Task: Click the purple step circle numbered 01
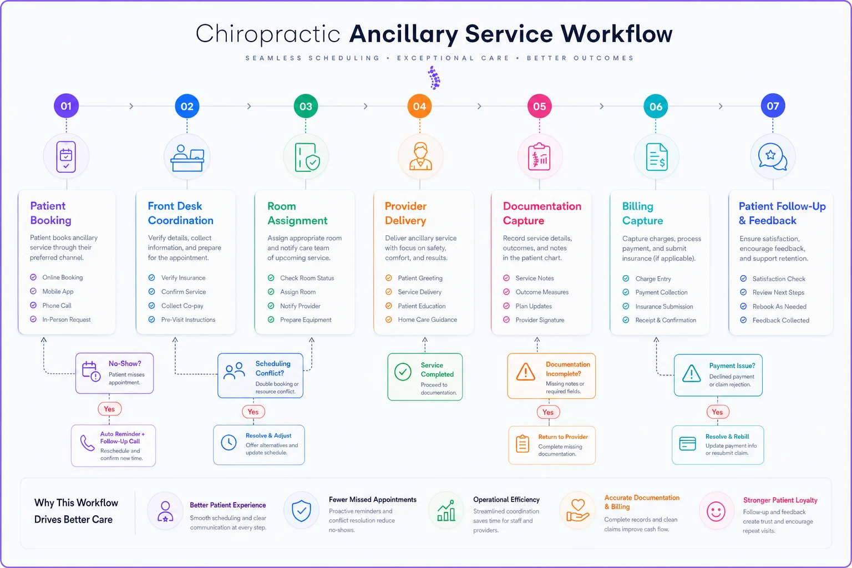point(66,106)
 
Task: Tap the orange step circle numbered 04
point(419,106)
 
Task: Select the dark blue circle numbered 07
point(773,106)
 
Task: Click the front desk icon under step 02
point(187,158)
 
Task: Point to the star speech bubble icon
point(773,157)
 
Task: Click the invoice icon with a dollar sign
point(657,157)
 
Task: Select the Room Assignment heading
point(297,214)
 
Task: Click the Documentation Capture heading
point(542,214)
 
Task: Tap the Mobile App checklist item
point(58,291)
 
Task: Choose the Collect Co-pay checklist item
point(182,306)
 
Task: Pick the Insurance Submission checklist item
point(664,307)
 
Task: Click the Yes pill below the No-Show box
point(109,409)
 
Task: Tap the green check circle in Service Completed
point(403,372)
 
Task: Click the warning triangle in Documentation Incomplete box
point(526,372)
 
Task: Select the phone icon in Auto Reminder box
point(87,443)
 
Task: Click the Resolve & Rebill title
point(727,437)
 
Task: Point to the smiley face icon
point(716,511)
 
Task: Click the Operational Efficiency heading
point(506,500)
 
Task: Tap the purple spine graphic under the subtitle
point(434,78)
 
